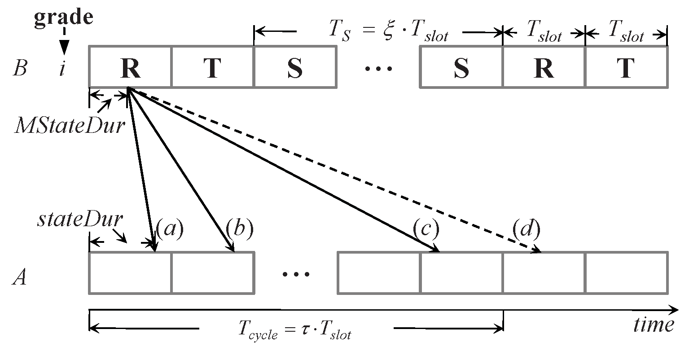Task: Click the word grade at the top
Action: click(x=64, y=17)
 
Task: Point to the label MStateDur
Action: click(x=68, y=126)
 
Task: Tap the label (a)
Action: click(x=170, y=229)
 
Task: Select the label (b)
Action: click(x=240, y=229)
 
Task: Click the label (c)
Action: click(x=425, y=229)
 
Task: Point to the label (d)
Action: click(x=526, y=229)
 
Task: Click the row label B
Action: click(x=19, y=69)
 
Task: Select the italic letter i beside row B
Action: click(x=62, y=70)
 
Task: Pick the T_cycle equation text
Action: click(x=294, y=332)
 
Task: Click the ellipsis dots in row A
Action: click(x=296, y=273)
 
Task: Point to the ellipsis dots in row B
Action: click(x=378, y=68)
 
